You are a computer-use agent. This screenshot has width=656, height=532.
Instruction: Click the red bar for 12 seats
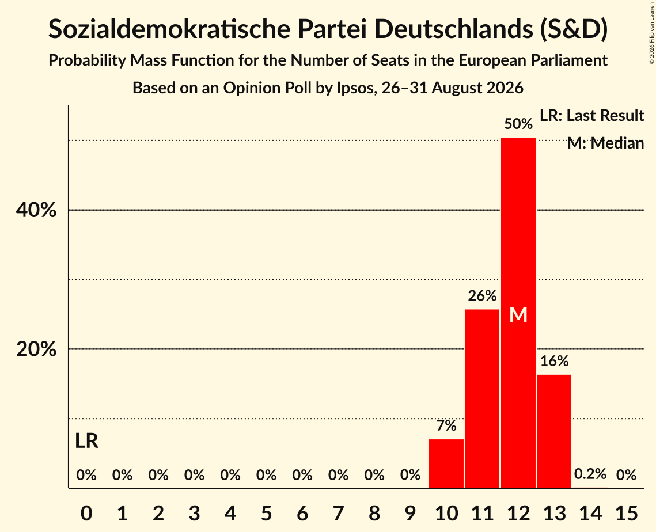click(x=518, y=313)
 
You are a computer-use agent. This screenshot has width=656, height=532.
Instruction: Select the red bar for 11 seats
click(x=482, y=398)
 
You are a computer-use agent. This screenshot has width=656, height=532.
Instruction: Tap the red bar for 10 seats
click(x=446, y=463)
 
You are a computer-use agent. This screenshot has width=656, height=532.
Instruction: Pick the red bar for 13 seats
click(x=554, y=431)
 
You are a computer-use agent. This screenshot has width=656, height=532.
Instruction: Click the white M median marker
click(x=518, y=314)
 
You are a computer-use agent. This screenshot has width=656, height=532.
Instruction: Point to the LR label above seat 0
click(x=86, y=441)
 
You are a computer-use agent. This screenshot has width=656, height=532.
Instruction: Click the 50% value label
click(x=518, y=124)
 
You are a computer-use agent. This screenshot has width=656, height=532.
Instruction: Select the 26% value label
click(x=482, y=296)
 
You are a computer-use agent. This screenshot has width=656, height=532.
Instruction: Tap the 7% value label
click(x=446, y=425)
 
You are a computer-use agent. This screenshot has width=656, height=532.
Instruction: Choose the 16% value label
click(x=554, y=360)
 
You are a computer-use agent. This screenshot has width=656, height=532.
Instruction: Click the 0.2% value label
click(x=590, y=474)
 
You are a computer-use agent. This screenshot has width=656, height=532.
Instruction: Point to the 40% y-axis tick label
click(x=36, y=210)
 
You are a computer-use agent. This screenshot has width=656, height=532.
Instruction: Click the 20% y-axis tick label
click(x=36, y=349)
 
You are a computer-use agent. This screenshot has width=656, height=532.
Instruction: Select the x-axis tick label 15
click(x=626, y=513)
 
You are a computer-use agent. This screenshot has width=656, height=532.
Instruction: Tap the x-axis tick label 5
click(x=267, y=513)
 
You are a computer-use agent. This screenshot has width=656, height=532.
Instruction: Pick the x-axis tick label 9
click(x=411, y=513)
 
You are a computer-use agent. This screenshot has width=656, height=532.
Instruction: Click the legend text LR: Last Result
click(x=591, y=115)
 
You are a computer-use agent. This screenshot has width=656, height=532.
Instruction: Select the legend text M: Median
click(x=605, y=143)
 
